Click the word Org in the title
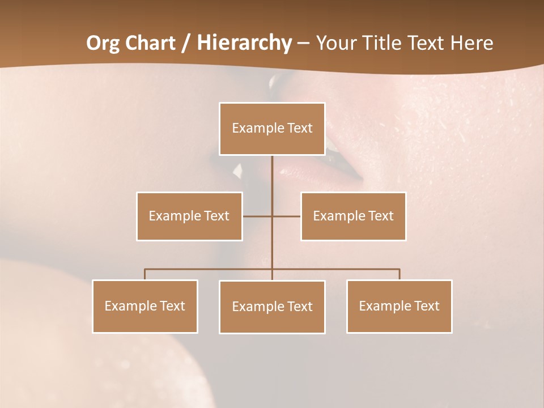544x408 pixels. (x=103, y=43)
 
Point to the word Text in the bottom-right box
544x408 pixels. (x=426, y=306)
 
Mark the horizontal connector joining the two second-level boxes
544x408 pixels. (x=286, y=216)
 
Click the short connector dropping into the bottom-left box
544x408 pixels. (x=145, y=274)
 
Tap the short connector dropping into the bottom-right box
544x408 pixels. (x=399, y=274)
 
